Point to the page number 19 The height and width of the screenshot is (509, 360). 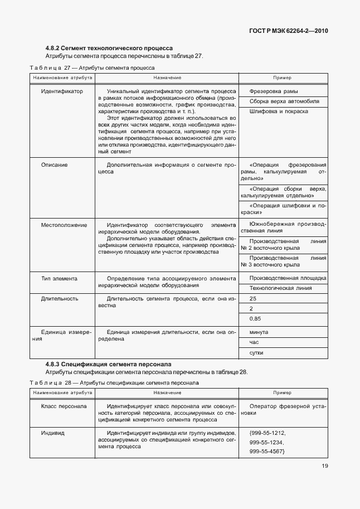[x=324, y=467]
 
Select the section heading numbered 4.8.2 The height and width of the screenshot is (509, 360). [x=109, y=48]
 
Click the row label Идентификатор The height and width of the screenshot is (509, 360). [x=62, y=91]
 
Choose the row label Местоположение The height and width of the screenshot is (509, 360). [x=64, y=225]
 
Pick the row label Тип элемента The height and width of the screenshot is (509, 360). [x=59, y=278]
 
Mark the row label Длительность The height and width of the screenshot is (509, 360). [x=59, y=299]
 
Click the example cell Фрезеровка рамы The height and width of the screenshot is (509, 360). [x=274, y=91]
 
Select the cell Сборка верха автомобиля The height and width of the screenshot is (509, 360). [x=284, y=101]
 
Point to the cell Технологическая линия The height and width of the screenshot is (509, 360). [x=280, y=288]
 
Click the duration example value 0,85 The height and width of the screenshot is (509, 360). [x=255, y=319]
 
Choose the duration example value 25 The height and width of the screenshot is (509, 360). [x=253, y=299]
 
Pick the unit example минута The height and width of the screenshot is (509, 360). [x=259, y=332]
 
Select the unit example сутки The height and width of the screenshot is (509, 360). [x=257, y=353]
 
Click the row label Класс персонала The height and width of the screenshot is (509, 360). [x=64, y=406]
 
